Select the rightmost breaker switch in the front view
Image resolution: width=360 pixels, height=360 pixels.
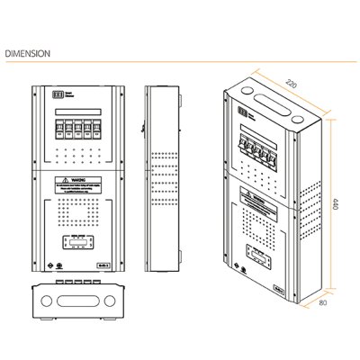pos(98,128)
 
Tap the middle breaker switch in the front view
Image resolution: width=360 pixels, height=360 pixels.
pos(79,128)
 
